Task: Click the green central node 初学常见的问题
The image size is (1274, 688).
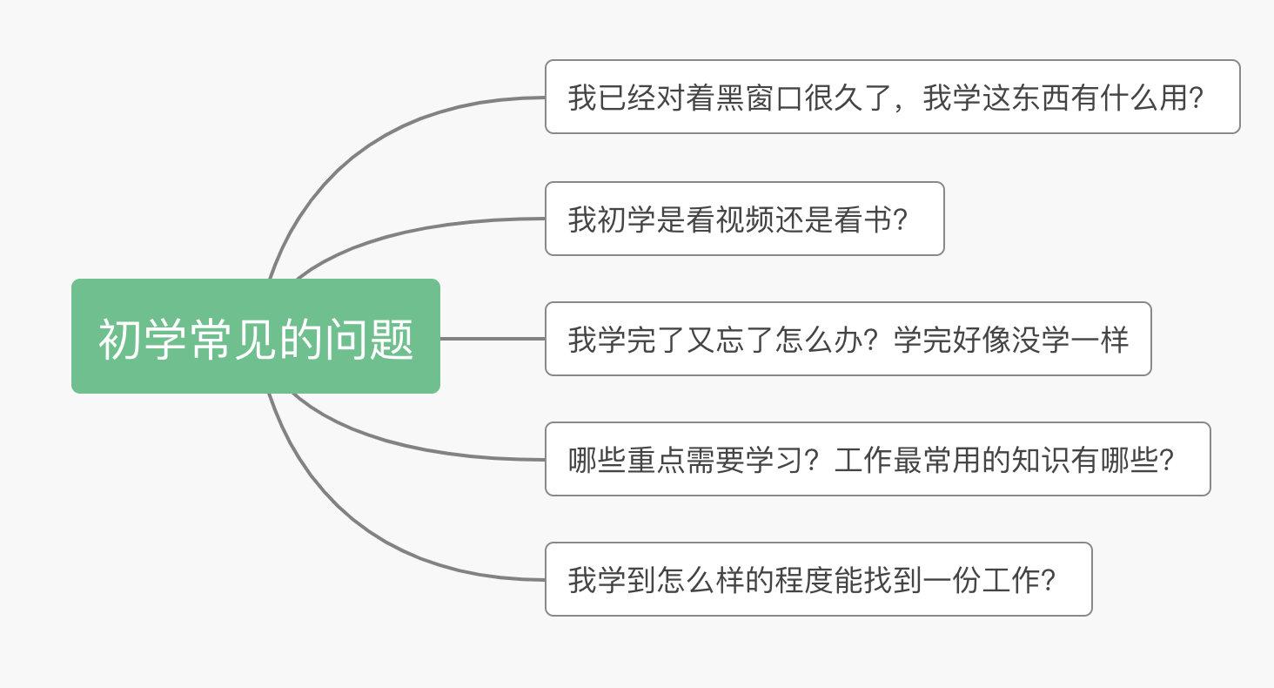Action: [255, 336]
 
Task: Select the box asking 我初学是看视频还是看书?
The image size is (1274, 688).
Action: [744, 219]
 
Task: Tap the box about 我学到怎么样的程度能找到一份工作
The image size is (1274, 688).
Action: [818, 579]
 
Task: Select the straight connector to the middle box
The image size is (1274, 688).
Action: [493, 338]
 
